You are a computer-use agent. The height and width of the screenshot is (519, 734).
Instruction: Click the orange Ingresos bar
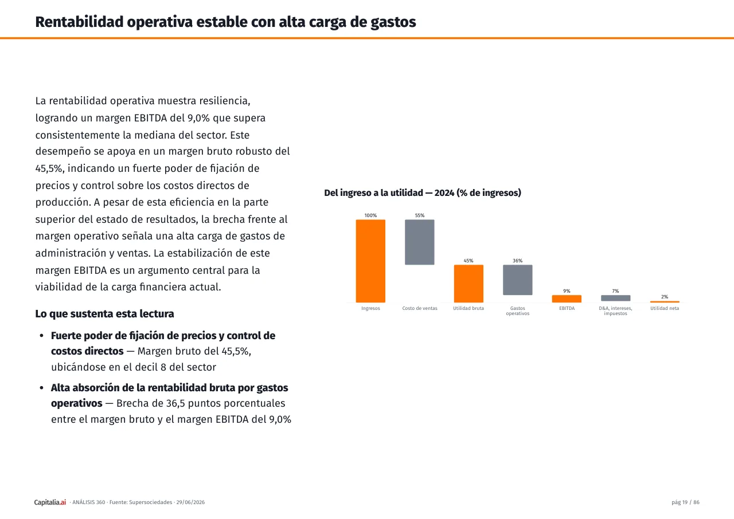370,261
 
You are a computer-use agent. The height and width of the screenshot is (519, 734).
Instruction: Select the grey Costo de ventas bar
419,242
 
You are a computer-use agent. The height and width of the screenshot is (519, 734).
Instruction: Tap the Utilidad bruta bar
468,284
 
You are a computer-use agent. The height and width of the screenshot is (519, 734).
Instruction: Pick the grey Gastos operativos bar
518,280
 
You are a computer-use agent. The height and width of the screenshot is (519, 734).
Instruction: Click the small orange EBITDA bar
567,299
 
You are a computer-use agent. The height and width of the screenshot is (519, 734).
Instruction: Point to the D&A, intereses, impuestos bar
616,298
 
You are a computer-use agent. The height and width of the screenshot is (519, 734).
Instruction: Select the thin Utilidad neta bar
665,302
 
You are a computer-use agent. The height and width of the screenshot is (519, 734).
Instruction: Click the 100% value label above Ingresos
370,215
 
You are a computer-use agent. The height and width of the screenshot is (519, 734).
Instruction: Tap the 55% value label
420,215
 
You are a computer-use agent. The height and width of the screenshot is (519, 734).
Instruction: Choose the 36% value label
518,261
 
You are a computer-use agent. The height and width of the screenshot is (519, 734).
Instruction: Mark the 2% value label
665,297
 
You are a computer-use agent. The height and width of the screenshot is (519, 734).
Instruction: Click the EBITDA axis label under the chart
567,308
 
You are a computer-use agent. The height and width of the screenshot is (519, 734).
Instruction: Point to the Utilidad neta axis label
665,308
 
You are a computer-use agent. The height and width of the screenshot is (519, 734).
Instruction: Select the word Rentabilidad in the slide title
79,22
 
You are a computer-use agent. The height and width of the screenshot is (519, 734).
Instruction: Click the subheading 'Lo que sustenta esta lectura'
104,313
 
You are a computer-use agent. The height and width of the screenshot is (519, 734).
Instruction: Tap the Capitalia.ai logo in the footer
50,502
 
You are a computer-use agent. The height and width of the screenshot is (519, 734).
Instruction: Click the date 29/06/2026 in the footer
190,502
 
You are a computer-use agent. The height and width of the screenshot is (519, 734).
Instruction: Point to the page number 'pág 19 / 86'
685,502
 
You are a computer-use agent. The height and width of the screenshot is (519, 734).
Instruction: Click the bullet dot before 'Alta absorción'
42,388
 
